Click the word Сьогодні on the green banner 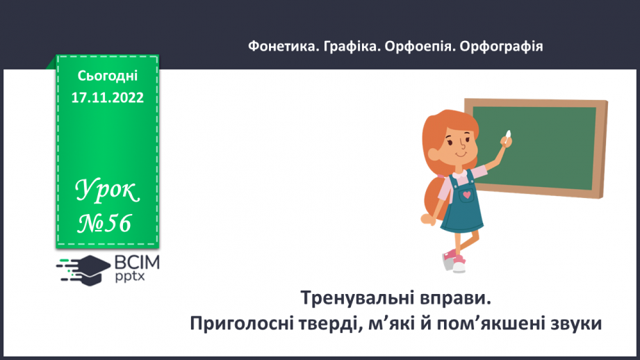(x=108, y=75)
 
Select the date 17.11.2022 (x=108, y=98)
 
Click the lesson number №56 (x=104, y=223)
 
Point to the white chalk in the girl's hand (x=508, y=133)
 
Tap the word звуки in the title (x=570, y=323)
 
